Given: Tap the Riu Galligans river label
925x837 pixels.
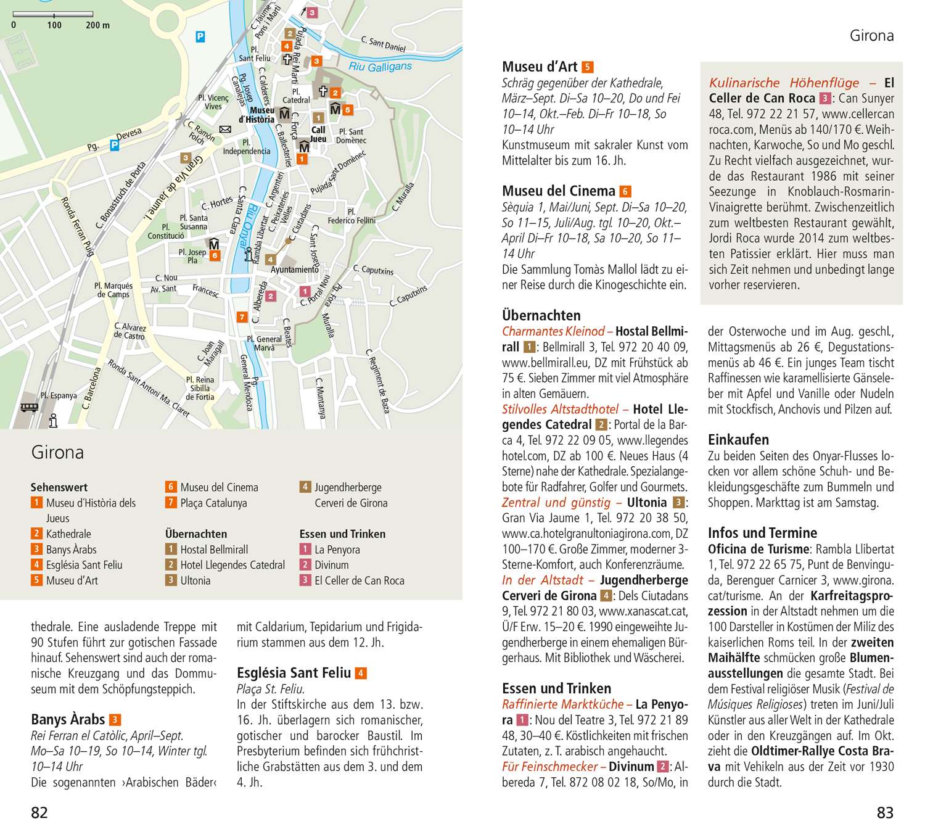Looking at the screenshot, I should pyautogui.click(x=380, y=67).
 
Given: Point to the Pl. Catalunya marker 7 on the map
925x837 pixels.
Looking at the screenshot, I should pyautogui.click(x=242, y=317).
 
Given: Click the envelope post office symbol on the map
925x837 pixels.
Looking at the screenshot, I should pyautogui.click(x=225, y=130).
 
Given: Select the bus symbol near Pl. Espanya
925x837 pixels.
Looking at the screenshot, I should pyautogui.click(x=29, y=407).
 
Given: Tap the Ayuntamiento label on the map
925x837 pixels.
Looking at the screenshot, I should pyautogui.click(x=294, y=270).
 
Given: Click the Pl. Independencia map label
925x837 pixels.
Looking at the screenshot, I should pyautogui.click(x=246, y=147).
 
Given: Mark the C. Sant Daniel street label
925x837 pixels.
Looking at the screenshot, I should pyautogui.click(x=383, y=44).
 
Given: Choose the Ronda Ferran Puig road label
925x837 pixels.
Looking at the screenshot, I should pyautogui.click(x=77, y=226).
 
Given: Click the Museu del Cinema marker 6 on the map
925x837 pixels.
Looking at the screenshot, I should pyautogui.click(x=215, y=255).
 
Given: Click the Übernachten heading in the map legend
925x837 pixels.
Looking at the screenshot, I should pyautogui.click(x=196, y=534).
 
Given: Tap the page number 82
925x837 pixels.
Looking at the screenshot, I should pyautogui.click(x=39, y=813).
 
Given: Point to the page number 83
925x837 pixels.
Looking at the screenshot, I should pyautogui.click(x=885, y=813).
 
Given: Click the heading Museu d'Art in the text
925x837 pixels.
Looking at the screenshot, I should pyautogui.click(x=540, y=67).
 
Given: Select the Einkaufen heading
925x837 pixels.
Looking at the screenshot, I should pyautogui.click(x=738, y=440).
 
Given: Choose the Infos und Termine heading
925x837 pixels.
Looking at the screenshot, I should pyautogui.click(x=762, y=533).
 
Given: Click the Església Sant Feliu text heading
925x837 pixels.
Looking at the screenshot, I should pyautogui.click(x=294, y=673).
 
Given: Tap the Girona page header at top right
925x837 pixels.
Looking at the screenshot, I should pyautogui.click(x=871, y=36).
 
